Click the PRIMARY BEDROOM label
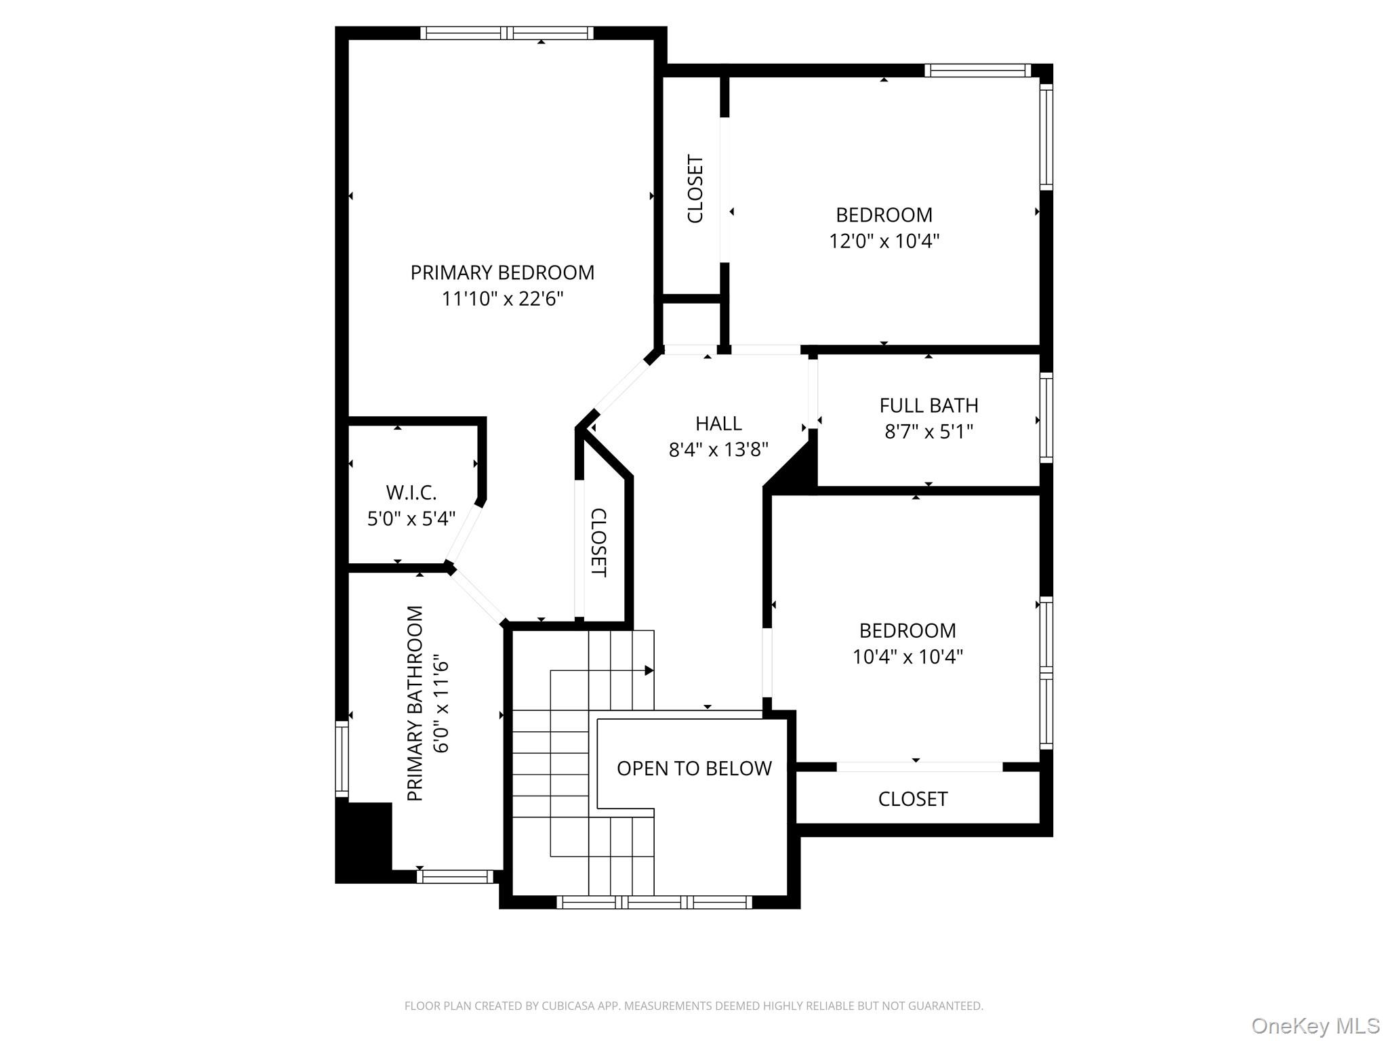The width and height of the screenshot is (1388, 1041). [x=502, y=272]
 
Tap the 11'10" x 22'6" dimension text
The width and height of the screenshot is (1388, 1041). [x=502, y=299]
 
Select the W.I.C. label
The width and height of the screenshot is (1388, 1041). [x=411, y=492]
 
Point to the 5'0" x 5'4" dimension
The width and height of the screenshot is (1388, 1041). [x=411, y=518]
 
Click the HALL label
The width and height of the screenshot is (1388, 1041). [x=718, y=424]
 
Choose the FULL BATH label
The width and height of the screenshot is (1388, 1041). [x=928, y=405]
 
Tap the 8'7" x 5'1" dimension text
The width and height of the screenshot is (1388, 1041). [x=928, y=432]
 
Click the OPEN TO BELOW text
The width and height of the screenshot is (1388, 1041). [x=694, y=768]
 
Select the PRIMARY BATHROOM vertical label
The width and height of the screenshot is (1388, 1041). [x=415, y=703]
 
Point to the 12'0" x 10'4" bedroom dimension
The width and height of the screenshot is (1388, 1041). [x=884, y=241]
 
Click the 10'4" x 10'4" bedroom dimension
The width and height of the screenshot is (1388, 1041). [x=907, y=657]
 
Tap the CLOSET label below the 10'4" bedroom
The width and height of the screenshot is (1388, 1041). [x=912, y=799]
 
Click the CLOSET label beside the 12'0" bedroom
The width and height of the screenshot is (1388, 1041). [x=695, y=189]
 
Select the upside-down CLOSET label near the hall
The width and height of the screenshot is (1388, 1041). [x=598, y=543]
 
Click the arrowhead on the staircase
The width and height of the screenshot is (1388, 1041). [x=649, y=670]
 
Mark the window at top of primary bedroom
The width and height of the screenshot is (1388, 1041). [x=506, y=33]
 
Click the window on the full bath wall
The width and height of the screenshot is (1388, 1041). [x=1046, y=417]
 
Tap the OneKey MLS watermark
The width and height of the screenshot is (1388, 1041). [x=1315, y=1025]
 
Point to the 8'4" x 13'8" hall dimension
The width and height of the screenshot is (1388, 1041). [x=718, y=450]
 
